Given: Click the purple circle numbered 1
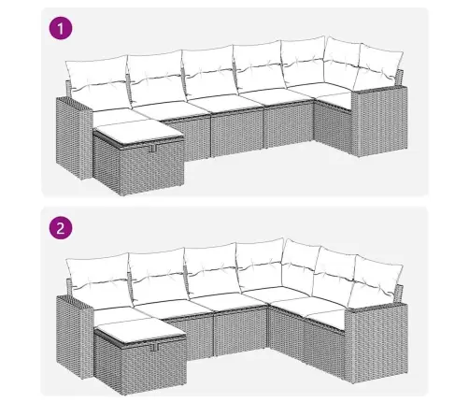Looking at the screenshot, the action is (x=61, y=29).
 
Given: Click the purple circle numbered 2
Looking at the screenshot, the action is (x=61, y=228).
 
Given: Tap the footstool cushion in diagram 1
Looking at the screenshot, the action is (x=137, y=132).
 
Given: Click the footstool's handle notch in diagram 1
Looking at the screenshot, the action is (x=152, y=149).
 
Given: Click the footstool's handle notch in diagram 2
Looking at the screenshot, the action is (x=154, y=347).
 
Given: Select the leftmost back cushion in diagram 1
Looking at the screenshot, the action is (x=97, y=81).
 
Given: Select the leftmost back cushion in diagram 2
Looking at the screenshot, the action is (x=98, y=280).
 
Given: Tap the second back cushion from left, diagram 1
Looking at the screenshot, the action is (x=156, y=78).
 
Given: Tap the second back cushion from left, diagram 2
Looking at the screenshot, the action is (x=158, y=275).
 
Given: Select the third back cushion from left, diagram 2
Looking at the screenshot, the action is (x=213, y=270).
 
